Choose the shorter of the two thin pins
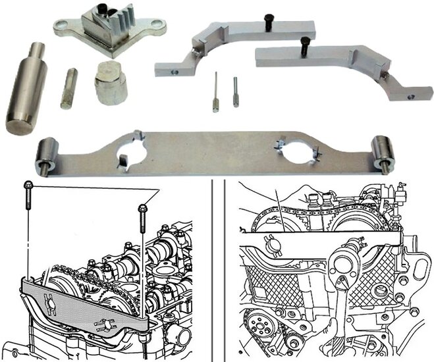235,91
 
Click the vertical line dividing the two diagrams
213,270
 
